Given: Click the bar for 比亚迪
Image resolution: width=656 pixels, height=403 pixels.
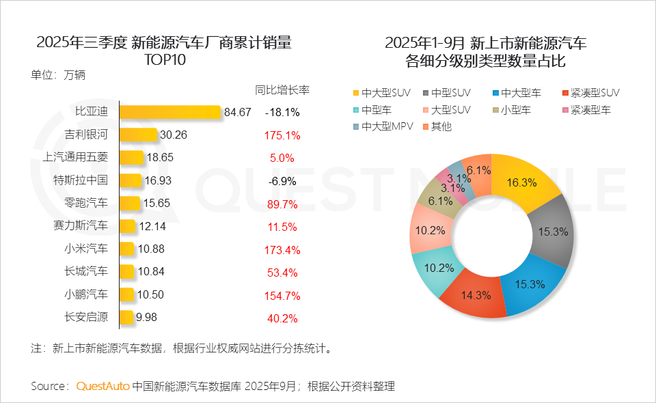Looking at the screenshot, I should point(169,112).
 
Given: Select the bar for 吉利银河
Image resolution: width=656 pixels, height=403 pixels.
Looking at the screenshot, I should point(138,135).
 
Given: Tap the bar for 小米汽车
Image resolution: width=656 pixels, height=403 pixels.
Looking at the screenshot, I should point(126,249).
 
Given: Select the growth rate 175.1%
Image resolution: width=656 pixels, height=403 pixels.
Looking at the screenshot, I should point(282,135).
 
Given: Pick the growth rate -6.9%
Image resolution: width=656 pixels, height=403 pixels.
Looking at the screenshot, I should point(282,180).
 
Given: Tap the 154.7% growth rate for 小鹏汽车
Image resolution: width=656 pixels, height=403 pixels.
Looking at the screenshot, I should point(282,295).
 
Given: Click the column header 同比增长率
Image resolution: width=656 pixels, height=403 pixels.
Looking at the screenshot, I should point(282,90).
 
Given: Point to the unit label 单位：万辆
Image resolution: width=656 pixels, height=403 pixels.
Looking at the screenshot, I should point(58,75).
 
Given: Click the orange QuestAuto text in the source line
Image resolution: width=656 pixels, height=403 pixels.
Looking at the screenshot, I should point(102,386).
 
